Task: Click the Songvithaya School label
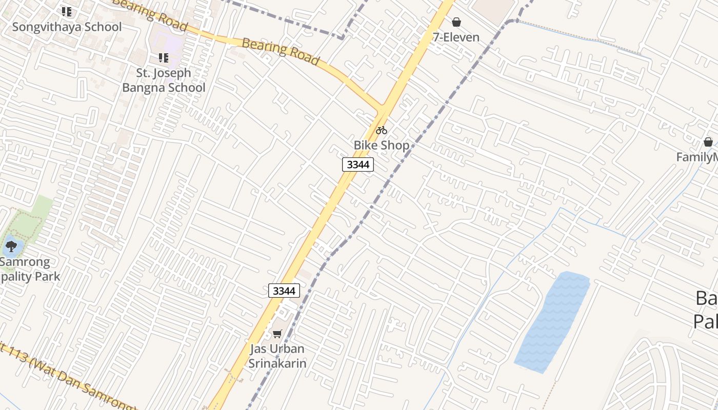pyautogui.click(x=67, y=27)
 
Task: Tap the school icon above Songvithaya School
pyautogui.click(x=67, y=11)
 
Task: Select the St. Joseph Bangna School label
pyautogui.click(x=164, y=80)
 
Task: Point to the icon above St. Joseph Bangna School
pyautogui.click(x=164, y=58)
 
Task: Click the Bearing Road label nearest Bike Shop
pyautogui.click(x=280, y=51)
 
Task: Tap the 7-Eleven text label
pyautogui.click(x=456, y=37)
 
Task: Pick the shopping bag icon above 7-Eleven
pyautogui.click(x=456, y=22)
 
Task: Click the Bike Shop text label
pyautogui.click(x=382, y=145)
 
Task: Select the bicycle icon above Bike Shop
pyautogui.click(x=382, y=130)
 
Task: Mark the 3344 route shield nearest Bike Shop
pyautogui.click(x=358, y=165)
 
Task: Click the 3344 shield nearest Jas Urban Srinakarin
pyautogui.click(x=284, y=291)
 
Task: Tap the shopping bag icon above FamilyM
pyautogui.click(x=708, y=142)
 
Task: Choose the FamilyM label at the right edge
pyautogui.click(x=696, y=157)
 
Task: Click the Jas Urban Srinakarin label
pyautogui.click(x=277, y=356)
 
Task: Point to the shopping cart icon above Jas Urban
pyautogui.click(x=277, y=334)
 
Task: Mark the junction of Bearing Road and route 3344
pyautogui.click(x=382, y=109)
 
